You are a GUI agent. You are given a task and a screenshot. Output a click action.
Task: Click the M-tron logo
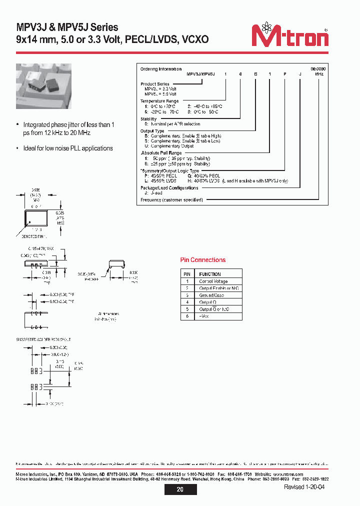(289, 35)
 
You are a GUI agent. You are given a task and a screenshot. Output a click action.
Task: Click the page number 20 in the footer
(179, 489)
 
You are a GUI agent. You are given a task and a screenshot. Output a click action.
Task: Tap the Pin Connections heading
(202, 260)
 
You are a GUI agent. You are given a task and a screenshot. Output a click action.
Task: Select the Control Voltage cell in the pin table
(213, 281)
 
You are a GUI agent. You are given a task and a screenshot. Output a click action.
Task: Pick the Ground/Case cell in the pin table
(212, 295)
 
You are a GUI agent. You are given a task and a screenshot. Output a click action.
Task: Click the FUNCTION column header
(210, 274)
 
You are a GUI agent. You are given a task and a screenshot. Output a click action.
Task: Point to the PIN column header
(187, 274)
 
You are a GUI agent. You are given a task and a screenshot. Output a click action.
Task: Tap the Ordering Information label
(160, 69)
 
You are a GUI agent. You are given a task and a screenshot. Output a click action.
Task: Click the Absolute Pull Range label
(161, 153)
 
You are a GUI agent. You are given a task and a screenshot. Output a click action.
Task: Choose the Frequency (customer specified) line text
(171, 200)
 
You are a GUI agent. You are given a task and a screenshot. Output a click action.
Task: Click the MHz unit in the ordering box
(319, 74)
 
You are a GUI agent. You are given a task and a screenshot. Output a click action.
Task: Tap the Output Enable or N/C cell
(218, 288)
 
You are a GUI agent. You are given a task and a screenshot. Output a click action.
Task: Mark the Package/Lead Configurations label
(169, 188)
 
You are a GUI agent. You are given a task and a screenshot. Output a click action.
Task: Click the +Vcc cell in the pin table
(204, 316)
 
